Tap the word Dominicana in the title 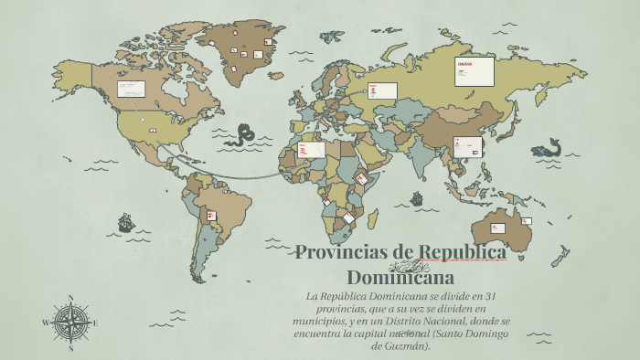(x=400, y=275)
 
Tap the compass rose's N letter (x=70, y=298)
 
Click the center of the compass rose (x=70, y=322)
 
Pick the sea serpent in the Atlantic (x=244, y=135)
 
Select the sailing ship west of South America (x=125, y=222)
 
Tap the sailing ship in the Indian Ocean (x=417, y=198)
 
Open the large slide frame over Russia (x=475, y=71)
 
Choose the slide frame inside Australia (x=498, y=227)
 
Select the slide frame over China (x=469, y=144)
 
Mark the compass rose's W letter (x=46, y=322)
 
